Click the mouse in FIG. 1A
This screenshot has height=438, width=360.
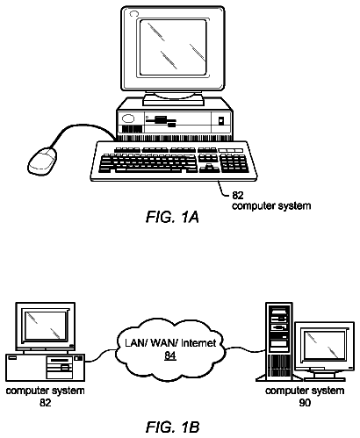[42, 162]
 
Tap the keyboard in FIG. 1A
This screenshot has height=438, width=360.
[174, 162]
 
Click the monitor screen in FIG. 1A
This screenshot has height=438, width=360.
[173, 47]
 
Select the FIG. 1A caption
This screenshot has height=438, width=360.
[172, 217]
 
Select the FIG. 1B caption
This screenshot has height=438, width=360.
[172, 427]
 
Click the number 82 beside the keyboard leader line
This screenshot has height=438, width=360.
[238, 195]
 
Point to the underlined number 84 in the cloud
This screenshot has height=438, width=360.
[170, 355]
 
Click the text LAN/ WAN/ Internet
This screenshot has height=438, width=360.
[170, 343]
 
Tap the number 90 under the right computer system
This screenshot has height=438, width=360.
[305, 403]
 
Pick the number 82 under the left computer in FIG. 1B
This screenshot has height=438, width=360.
[45, 403]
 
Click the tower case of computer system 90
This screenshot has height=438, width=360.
[279, 341]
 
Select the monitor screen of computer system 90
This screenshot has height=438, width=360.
[325, 345]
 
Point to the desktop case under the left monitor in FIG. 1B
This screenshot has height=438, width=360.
[45, 368]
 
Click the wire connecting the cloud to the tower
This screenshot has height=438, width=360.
[246, 348]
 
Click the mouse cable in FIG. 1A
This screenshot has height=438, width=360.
[79, 128]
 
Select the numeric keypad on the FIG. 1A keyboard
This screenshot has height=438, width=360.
[234, 163]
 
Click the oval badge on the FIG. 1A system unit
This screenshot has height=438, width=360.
[128, 118]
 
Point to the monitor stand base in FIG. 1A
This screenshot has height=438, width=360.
[173, 100]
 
